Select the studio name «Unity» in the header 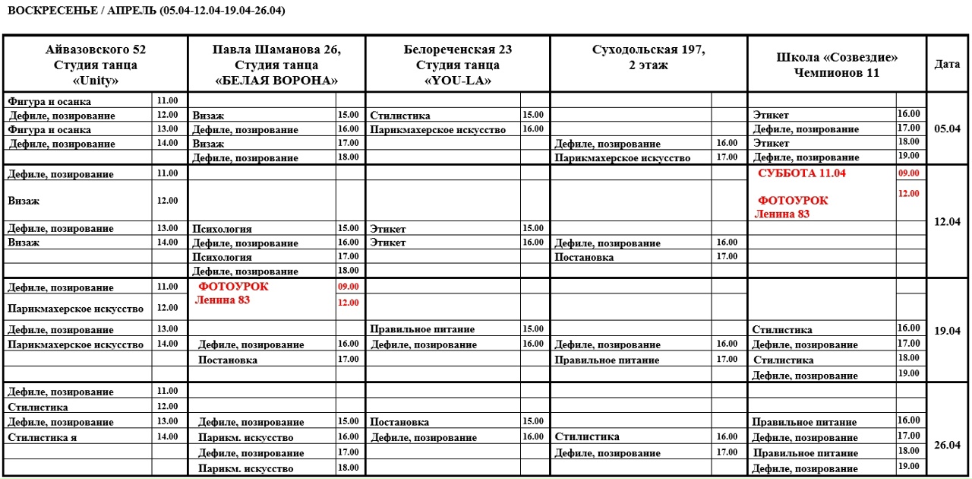[x=96, y=80]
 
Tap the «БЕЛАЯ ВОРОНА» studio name [x=276, y=80]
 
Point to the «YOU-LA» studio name [x=458, y=80]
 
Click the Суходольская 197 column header [x=649, y=50]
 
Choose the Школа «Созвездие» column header [x=837, y=58]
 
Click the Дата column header [x=947, y=65]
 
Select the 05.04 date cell [x=947, y=128]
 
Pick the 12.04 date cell [x=947, y=221]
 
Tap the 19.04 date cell [x=947, y=331]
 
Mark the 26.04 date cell [x=947, y=445]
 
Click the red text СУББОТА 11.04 [x=802, y=173]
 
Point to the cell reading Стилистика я [x=43, y=437]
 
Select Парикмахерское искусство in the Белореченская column [x=438, y=130]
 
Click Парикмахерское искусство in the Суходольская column [x=623, y=158]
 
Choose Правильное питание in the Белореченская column [x=422, y=329]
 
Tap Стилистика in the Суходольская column [x=587, y=436]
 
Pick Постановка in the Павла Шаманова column [x=228, y=360]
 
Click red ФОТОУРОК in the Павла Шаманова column [x=233, y=287]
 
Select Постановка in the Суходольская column [x=584, y=258]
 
